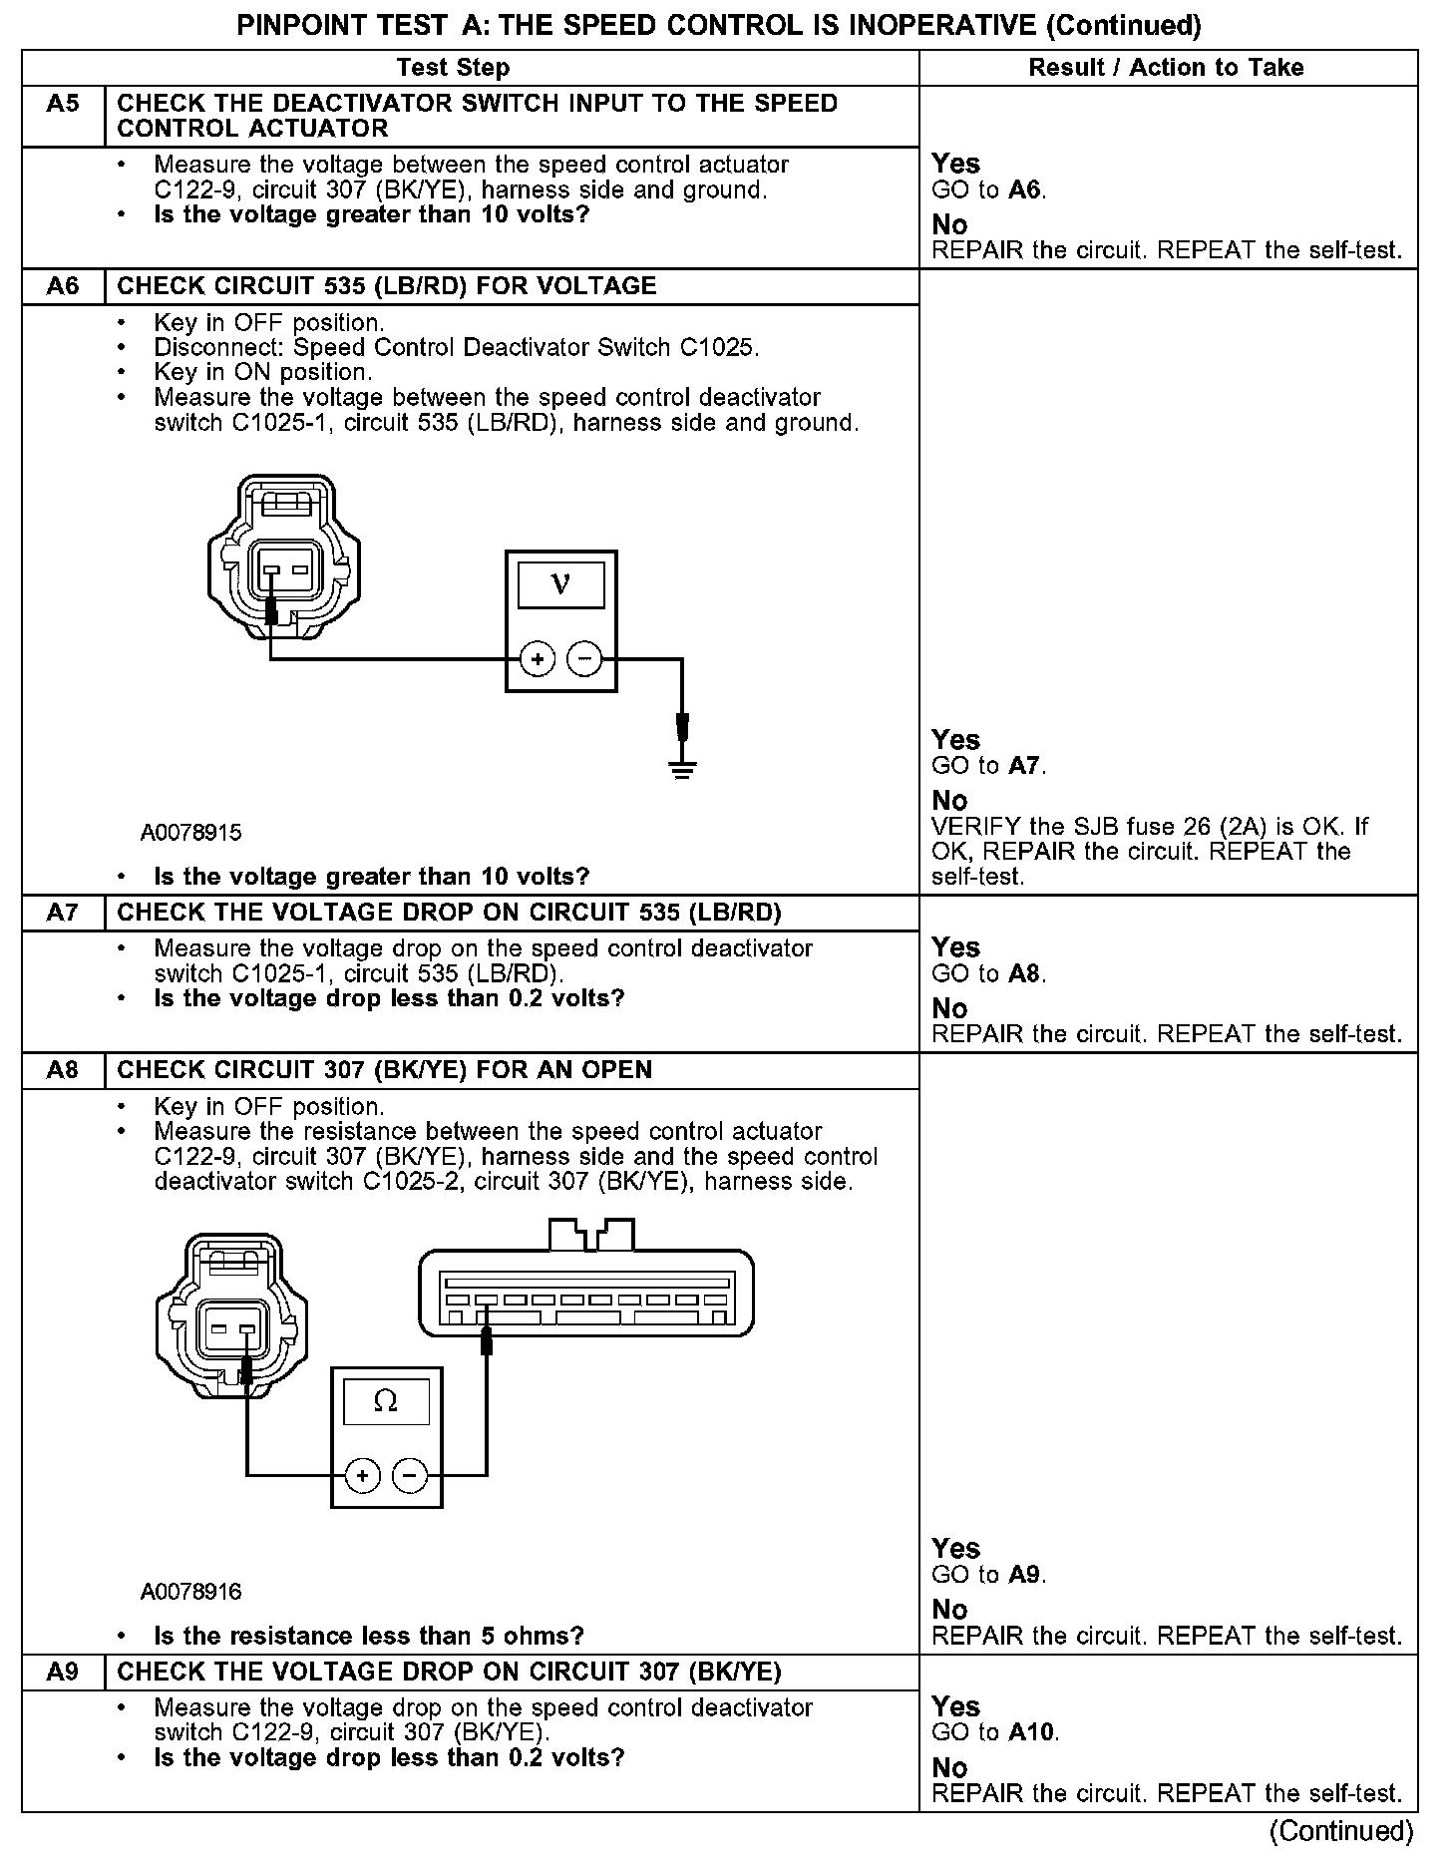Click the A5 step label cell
point(63,105)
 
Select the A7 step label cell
point(63,913)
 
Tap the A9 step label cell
point(63,1673)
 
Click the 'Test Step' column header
point(453,68)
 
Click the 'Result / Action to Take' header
point(1166,68)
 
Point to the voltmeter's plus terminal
point(538,659)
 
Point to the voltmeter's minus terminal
point(584,659)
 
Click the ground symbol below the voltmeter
point(682,768)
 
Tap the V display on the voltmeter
point(560,584)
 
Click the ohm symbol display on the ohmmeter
point(386,1402)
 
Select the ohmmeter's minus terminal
point(410,1476)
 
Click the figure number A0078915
point(190,833)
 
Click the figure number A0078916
point(190,1592)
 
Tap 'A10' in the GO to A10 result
point(1032,1732)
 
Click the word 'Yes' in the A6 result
point(955,740)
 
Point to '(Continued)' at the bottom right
point(1340,1831)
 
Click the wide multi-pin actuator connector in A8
point(586,1293)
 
